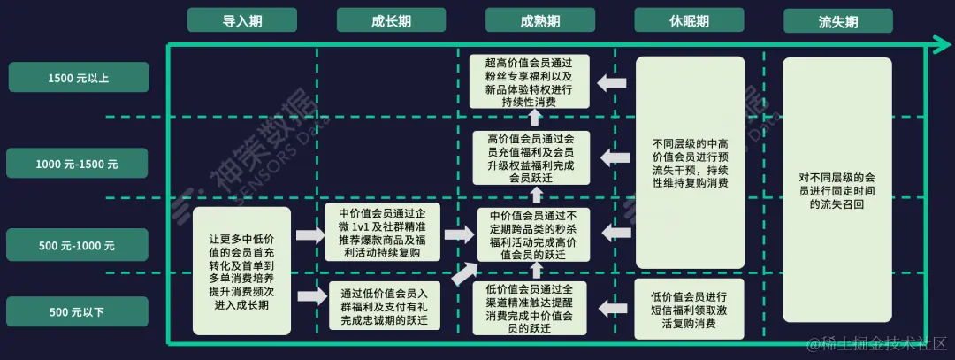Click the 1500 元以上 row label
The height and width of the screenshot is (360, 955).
coord(79,78)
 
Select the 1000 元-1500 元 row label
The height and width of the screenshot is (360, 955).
coord(79,164)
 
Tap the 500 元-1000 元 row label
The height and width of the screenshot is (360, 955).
coord(79,245)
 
